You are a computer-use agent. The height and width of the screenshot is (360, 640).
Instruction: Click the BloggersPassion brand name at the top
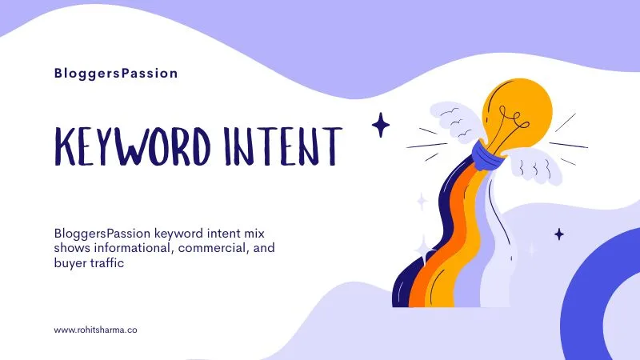(116, 74)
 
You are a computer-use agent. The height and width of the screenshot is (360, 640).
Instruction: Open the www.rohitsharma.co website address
(95, 330)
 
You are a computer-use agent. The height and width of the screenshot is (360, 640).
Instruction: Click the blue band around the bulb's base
(489, 152)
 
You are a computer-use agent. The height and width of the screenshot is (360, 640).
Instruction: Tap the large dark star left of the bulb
(381, 125)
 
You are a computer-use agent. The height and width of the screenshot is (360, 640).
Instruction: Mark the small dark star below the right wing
(559, 234)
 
